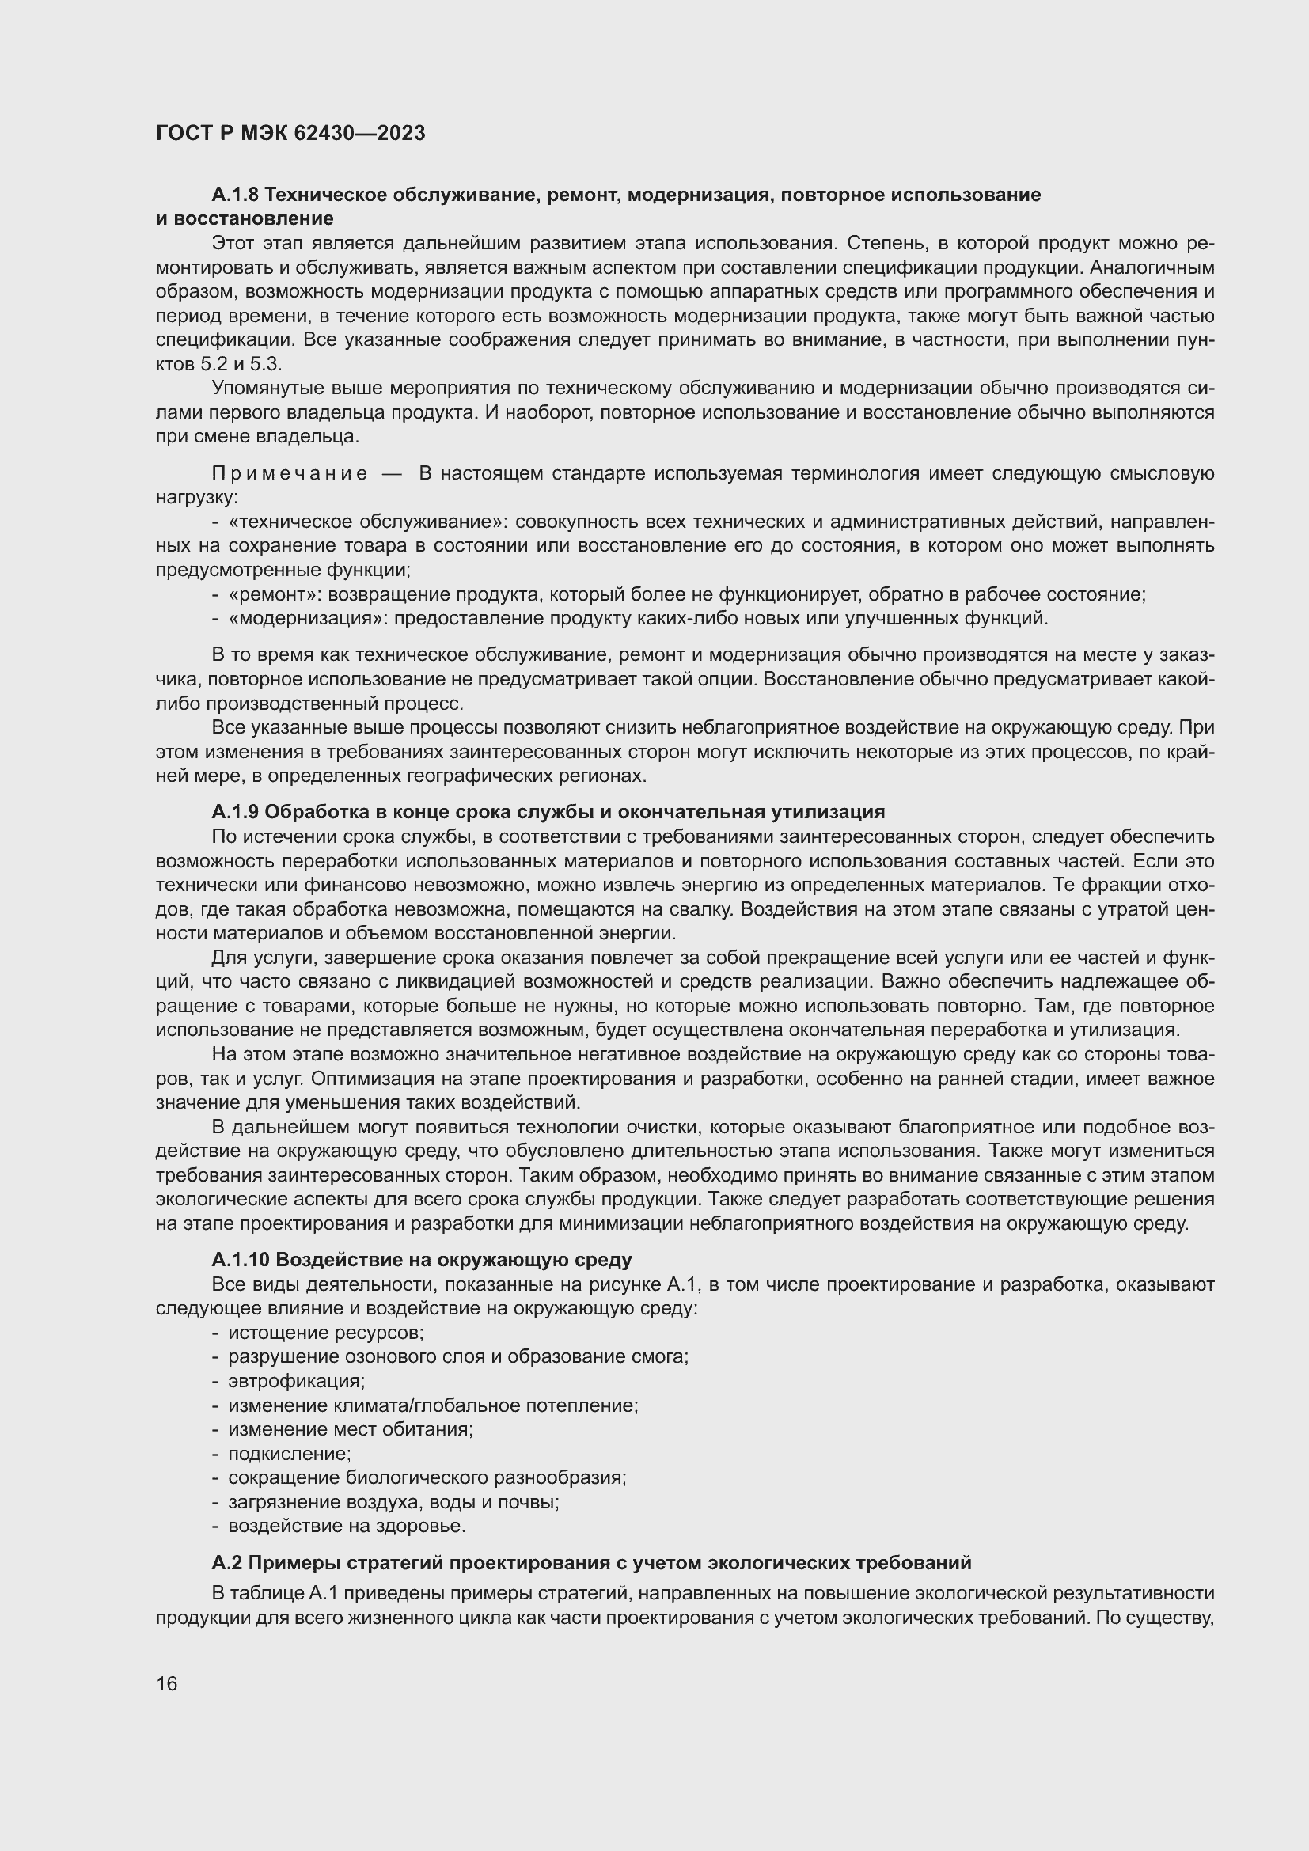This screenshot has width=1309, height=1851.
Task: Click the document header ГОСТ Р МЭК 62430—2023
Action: click(x=290, y=134)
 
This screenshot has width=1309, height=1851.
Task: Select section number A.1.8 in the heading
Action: click(x=234, y=195)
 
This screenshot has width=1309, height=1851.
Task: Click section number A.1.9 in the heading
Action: click(x=234, y=811)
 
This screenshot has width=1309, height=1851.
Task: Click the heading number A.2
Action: click(x=226, y=1562)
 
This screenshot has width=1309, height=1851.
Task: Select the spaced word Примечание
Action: click(x=290, y=473)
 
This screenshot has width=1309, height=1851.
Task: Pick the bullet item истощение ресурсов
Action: click(x=325, y=1333)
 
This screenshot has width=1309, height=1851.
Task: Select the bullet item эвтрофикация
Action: click(x=296, y=1381)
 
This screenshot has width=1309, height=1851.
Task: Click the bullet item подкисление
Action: click(x=290, y=1454)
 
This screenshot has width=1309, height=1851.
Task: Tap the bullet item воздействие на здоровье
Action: click(x=347, y=1526)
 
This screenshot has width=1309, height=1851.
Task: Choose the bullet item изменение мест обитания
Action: click(x=350, y=1429)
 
